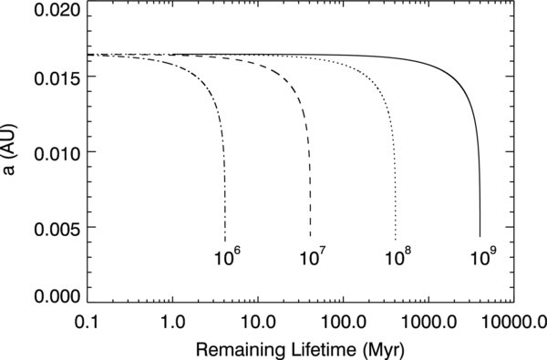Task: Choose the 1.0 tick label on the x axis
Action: pyautogui.click(x=171, y=321)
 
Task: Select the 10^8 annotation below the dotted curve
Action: pyautogui.click(x=397, y=256)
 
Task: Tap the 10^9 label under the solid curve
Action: pyautogui.click(x=483, y=256)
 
